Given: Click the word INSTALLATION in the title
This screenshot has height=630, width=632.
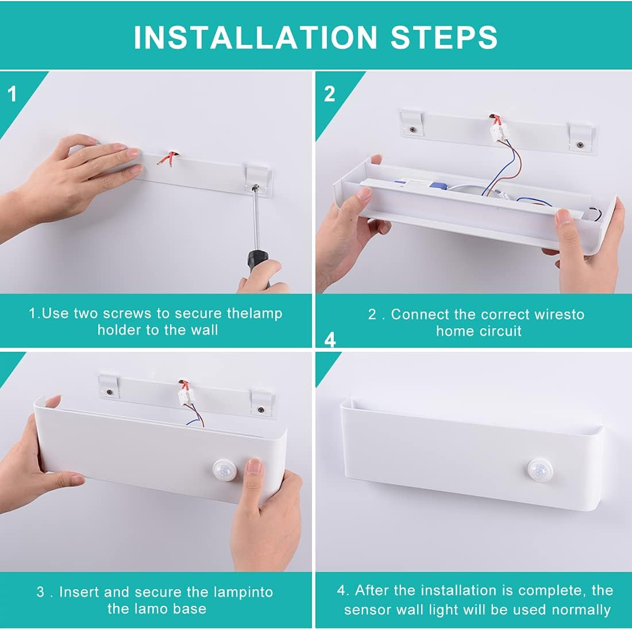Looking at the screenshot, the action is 255,37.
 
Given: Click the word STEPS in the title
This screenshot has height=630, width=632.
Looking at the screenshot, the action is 444,37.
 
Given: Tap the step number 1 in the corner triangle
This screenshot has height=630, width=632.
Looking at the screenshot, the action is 12,94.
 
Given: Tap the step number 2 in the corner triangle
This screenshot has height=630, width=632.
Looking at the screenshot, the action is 330,94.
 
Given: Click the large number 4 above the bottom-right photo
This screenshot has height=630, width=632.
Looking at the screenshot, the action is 330,340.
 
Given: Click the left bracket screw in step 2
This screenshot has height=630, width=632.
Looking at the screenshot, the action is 413,129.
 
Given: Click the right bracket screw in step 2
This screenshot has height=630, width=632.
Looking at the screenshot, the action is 580,144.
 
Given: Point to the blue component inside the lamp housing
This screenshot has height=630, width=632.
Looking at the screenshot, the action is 438,186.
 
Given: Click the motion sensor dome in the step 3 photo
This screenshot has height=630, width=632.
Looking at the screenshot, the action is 225,470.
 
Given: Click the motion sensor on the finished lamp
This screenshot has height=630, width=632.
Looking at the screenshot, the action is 539,470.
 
